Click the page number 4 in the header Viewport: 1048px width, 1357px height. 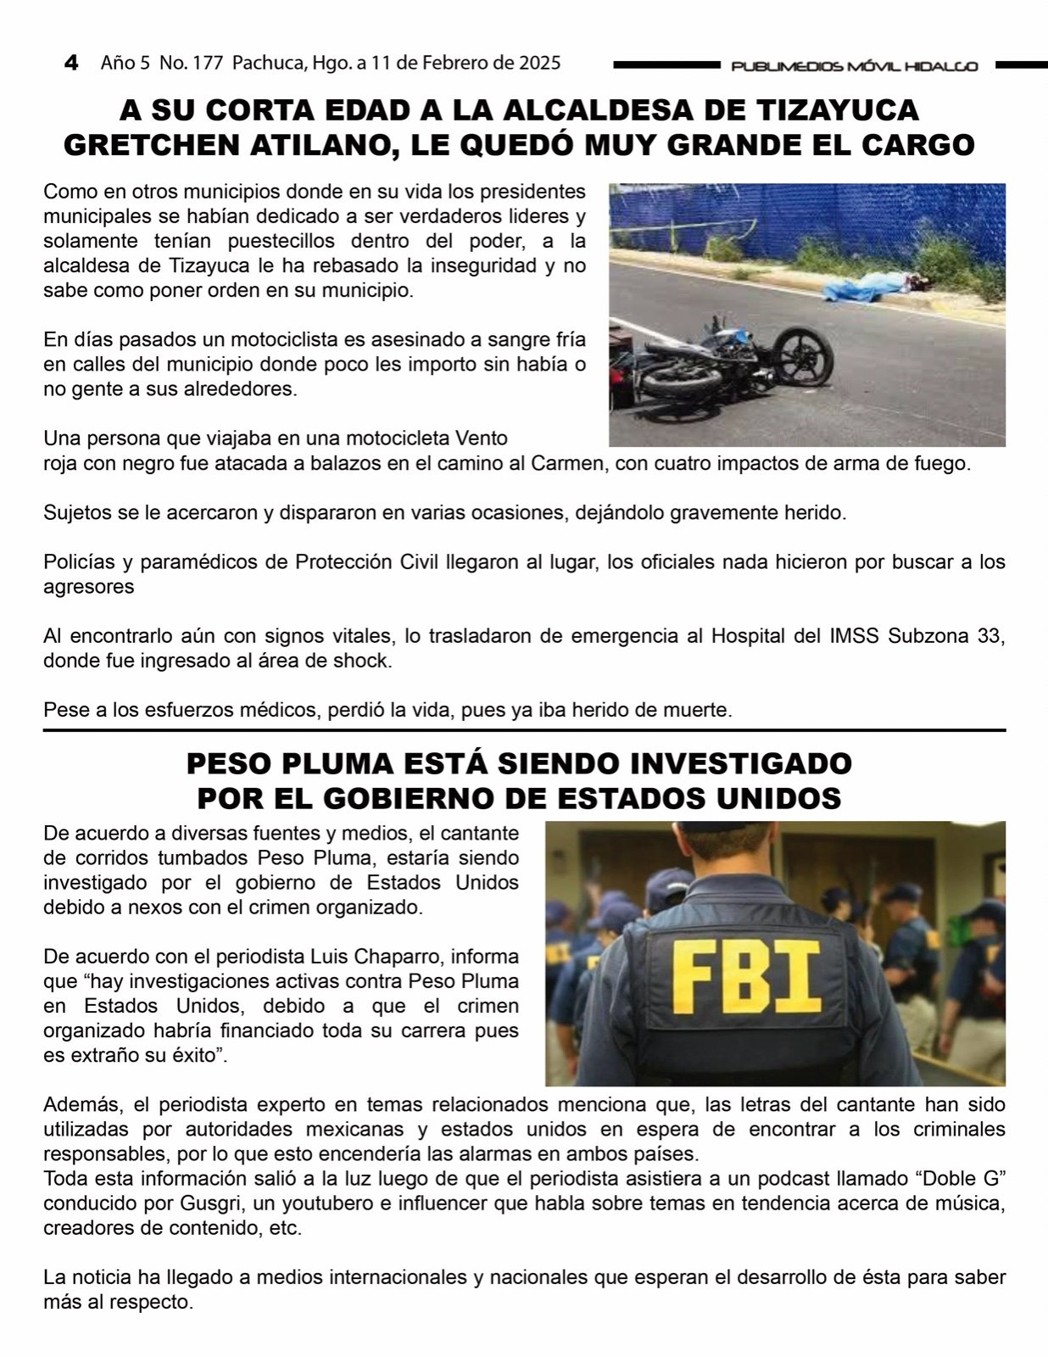[x=71, y=63]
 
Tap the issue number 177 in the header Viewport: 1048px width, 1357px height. [x=209, y=63]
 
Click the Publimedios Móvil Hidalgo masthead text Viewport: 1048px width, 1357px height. [x=854, y=66]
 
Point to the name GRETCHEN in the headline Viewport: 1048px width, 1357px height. [x=154, y=145]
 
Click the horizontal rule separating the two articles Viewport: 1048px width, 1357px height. [x=524, y=730]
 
